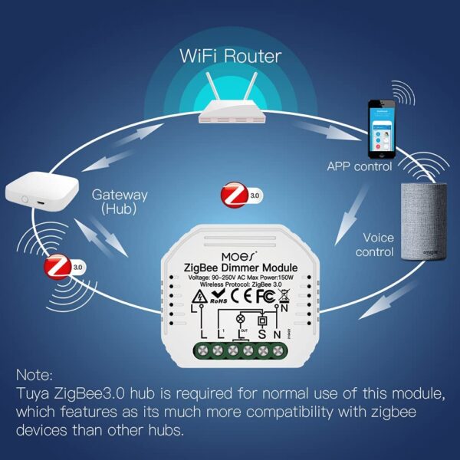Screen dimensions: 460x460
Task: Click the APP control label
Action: (x=360, y=166)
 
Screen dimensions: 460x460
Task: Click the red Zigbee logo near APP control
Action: (x=232, y=195)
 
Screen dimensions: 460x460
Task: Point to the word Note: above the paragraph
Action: (x=34, y=376)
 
